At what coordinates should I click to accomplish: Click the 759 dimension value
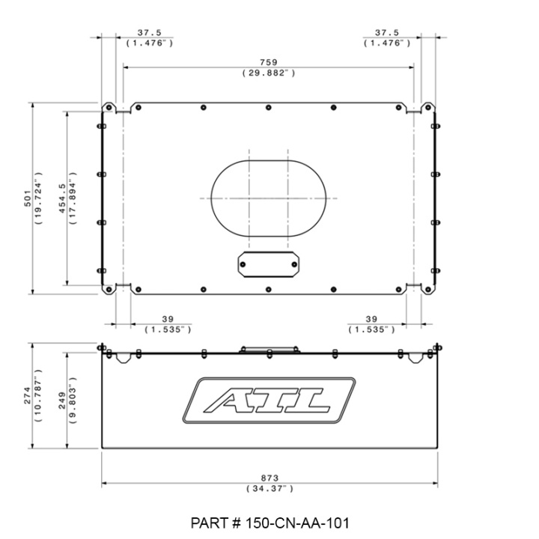pos(268,62)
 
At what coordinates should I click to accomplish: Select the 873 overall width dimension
pos(269,478)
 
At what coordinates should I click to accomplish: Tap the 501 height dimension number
pos(28,198)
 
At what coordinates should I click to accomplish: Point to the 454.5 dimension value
pos(62,198)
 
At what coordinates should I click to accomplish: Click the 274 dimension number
pos(28,395)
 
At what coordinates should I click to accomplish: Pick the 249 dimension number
pos(62,401)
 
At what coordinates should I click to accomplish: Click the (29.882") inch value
pos(269,73)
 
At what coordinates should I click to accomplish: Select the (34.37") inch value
pos(269,488)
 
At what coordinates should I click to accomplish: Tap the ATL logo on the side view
pos(269,401)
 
